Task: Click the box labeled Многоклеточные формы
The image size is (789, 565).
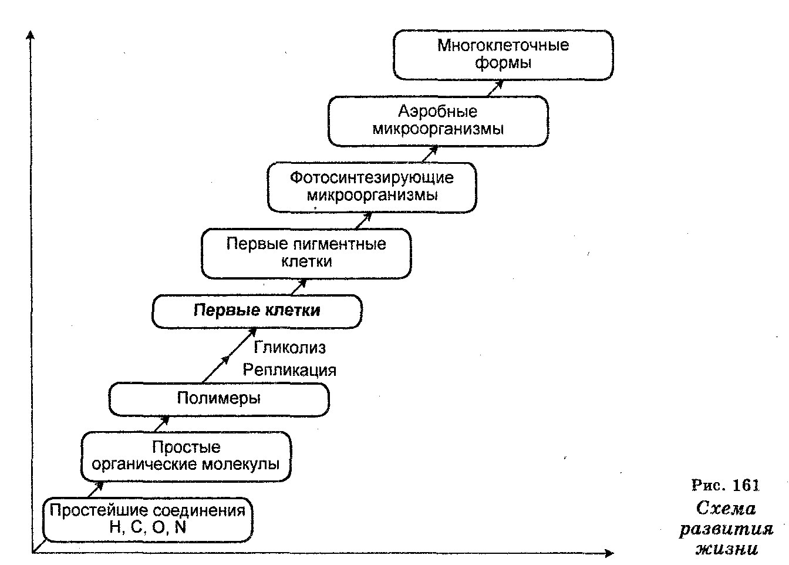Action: click(x=503, y=55)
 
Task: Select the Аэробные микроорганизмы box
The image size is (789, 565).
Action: click(x=438, y=121)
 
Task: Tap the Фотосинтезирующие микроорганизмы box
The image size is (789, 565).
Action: click(x=372, y=187)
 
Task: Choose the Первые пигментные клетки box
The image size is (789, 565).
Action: click(x=306, y=253)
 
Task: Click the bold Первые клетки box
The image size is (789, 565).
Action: click(x=257, y=311)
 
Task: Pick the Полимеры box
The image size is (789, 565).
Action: click(x=218, y=399)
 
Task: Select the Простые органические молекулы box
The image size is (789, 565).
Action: click(x=186, y=456)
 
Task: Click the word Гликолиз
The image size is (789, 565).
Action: click(x=289, y=348)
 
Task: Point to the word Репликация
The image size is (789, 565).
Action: click(x=289, y=370)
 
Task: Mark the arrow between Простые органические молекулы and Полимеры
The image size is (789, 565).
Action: click(x=161, y=423)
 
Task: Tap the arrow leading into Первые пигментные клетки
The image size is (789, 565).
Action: click(x=299, y=287)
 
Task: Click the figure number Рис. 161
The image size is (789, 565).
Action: click(x=726, y=485)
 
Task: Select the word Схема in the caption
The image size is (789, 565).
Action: click(x=726, y=508)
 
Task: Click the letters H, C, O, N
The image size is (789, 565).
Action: click(x=147, y=527)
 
